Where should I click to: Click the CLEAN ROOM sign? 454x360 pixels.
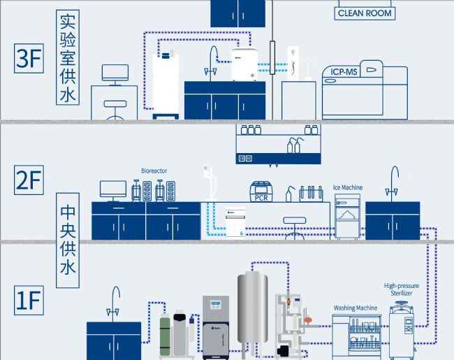point(365,13)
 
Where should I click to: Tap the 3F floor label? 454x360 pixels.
point(29,59)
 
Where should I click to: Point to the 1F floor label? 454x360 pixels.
point(29,303)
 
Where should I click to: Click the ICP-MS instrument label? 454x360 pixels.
point(344,71)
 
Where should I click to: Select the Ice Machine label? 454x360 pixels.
point(347,187)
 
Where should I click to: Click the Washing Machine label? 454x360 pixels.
point(356,308)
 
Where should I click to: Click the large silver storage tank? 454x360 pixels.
point(252,307)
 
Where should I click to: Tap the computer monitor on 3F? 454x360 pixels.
point(115,73)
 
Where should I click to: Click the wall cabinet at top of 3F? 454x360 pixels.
point(237,13)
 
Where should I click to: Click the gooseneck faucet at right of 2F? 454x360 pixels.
point(395,181)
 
